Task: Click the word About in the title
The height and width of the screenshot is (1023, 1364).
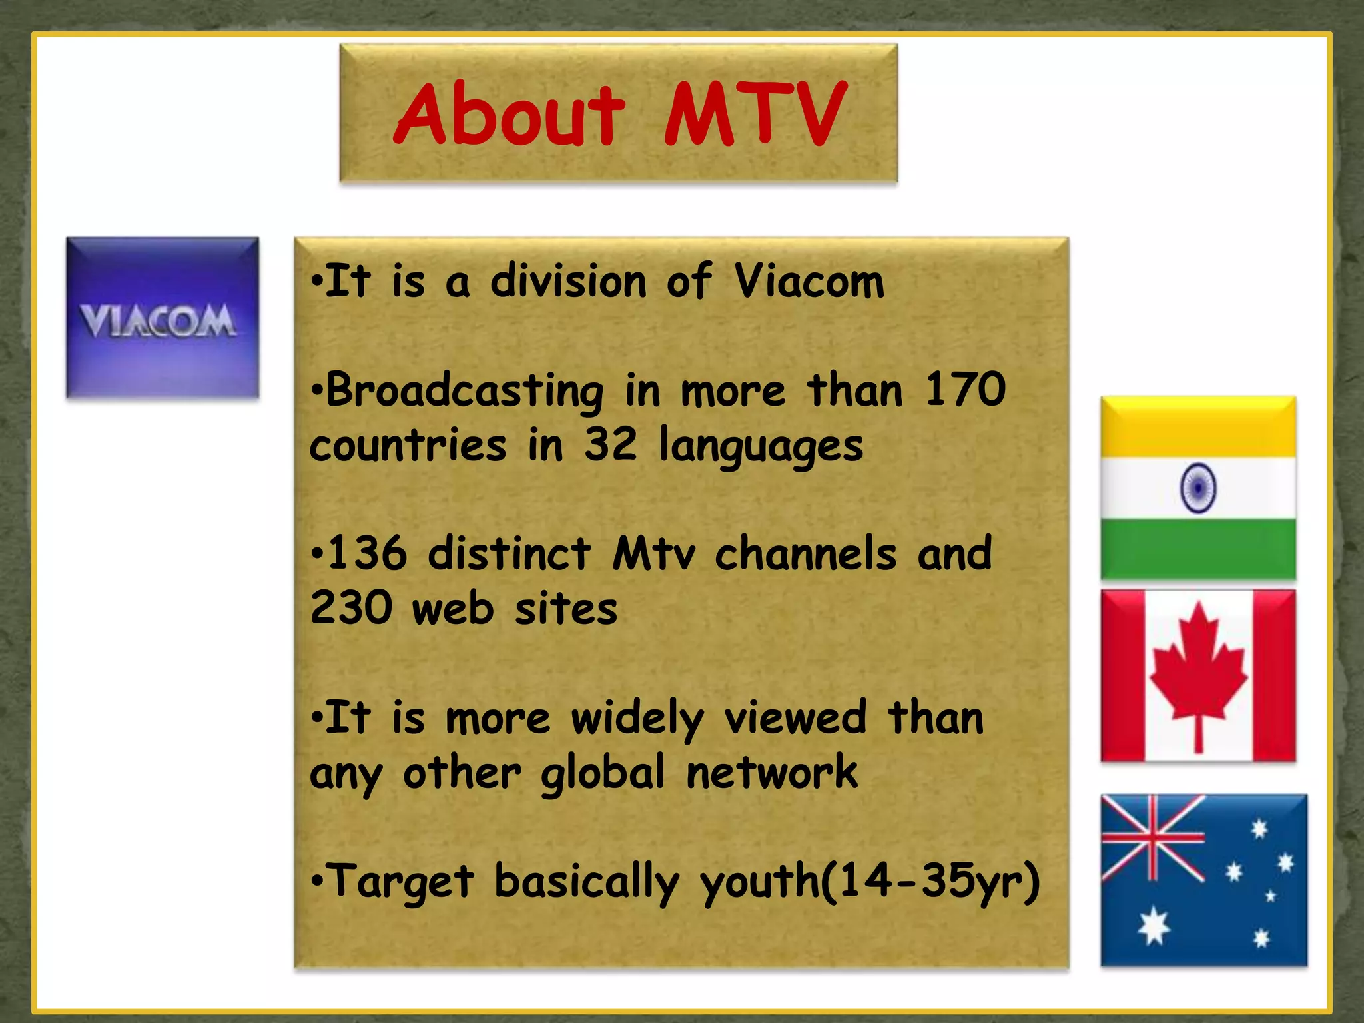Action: pyautogui.click(x=510, y=115)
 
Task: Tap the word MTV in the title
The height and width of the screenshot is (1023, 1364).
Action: pyautogui.click(x=755, y=115)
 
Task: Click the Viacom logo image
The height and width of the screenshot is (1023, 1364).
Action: pyautogui.click(x=163, y=318)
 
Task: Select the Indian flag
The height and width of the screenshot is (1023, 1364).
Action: pyautogui.click(x=1198, y=488)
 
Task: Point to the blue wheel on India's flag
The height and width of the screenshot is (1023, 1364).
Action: pyautogui.click(x=1198, y=488)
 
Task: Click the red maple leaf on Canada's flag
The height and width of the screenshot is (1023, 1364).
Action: pyautogui.click(x=1198, y=669)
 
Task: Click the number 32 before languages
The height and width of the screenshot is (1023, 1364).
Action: pyautogui.click(x=611, y=444)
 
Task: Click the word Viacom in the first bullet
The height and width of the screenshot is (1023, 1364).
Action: pyautogui.click(x=809, y=282)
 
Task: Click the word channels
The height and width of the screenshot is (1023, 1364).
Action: pyautogui.click(x=806, y=553)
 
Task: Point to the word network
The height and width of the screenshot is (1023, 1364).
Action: pyautogui.click(x=772, y=773)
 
